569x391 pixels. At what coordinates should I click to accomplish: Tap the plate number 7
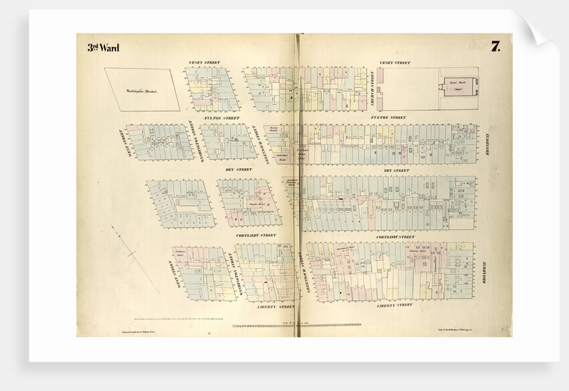click(495, 46)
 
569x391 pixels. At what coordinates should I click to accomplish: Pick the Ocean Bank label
click(274, 128)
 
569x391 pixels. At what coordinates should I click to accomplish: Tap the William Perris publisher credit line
click(117, 331)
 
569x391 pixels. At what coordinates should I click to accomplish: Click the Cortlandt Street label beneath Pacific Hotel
click(256, 236)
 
